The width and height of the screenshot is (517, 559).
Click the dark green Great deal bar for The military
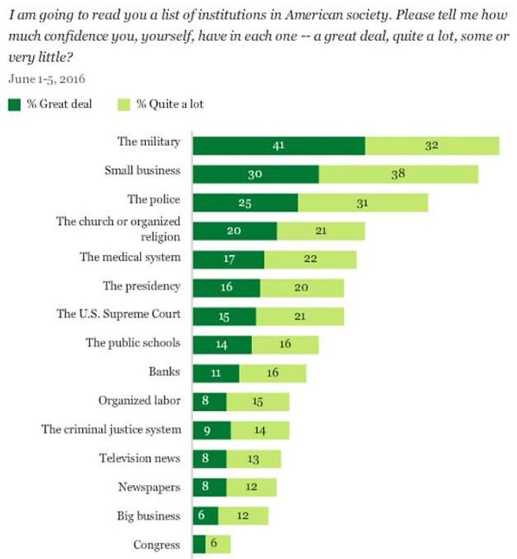(x=279, y=146)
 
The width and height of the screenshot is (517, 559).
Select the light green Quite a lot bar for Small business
(x=398, y=174)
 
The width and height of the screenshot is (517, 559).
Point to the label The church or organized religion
(x=118, y=229)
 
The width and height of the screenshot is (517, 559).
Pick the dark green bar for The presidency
(x=226, y=287)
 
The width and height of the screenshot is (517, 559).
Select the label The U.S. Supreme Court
(x=118, y=314)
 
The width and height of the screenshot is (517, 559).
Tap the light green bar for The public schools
(x=285, y=344)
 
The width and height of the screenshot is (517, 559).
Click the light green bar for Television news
(x=254, y=459)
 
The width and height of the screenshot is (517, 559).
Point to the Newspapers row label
(x=149, y=487)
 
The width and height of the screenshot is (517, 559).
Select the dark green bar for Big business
(x=205, y=516)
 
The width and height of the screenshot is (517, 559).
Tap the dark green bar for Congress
(x=199, y=544)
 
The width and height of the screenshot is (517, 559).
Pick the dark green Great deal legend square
(x=15, y=104)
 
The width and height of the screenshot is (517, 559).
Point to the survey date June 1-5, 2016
(x=46, y=80)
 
